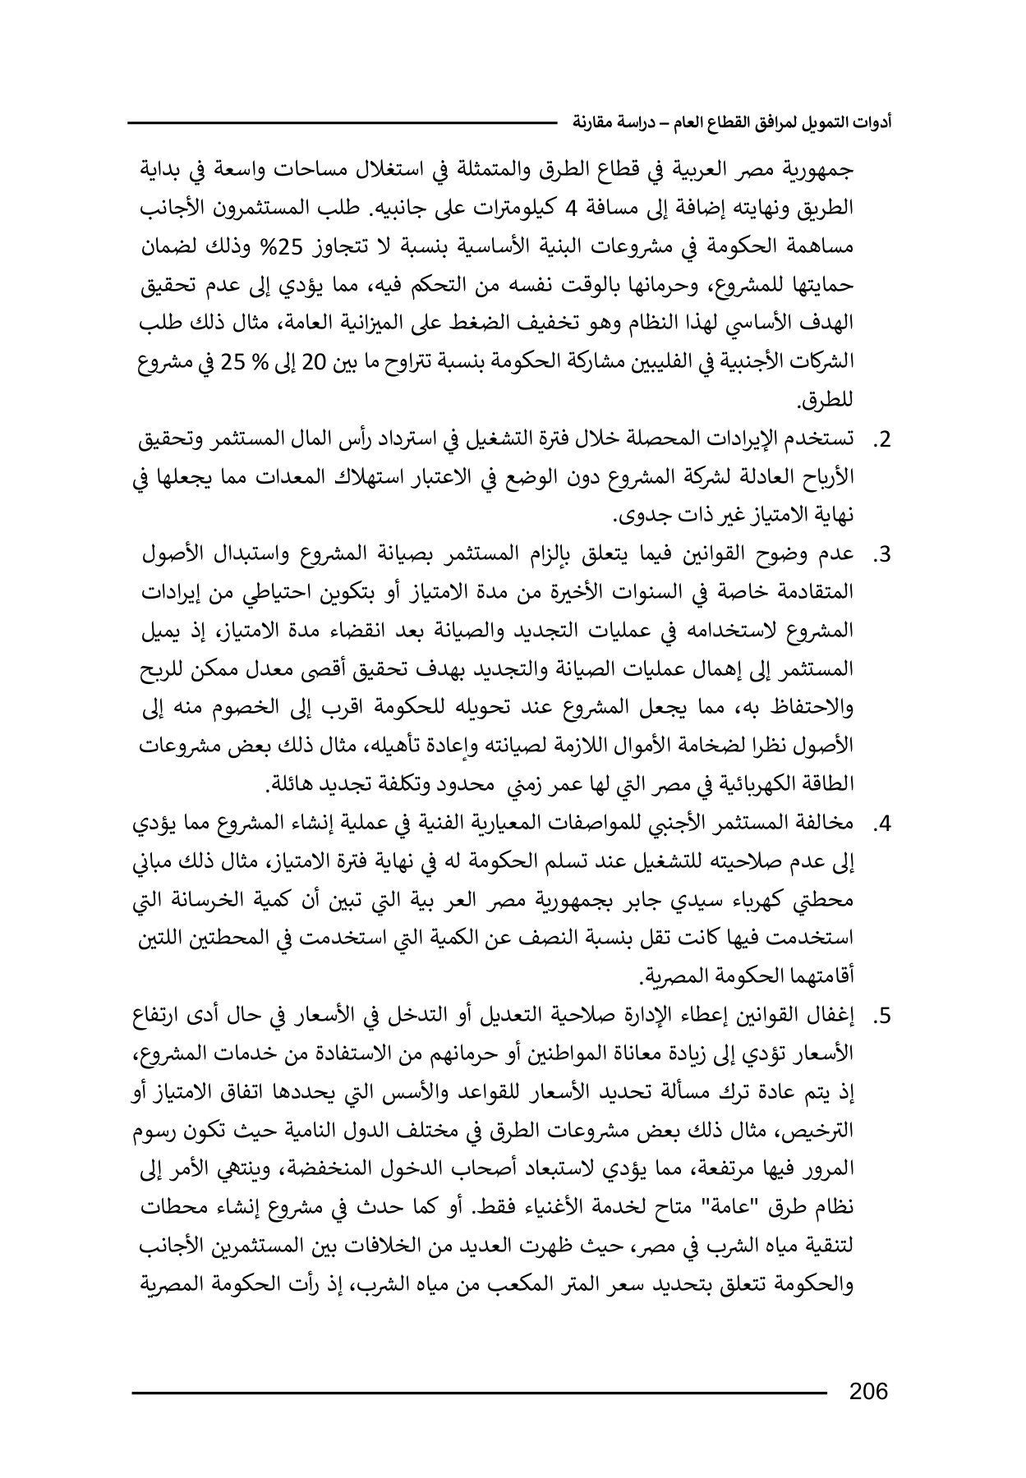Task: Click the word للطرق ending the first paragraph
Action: pos(826,402)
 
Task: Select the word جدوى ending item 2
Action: pos(643,516)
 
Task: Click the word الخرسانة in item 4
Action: pos(232,902)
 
